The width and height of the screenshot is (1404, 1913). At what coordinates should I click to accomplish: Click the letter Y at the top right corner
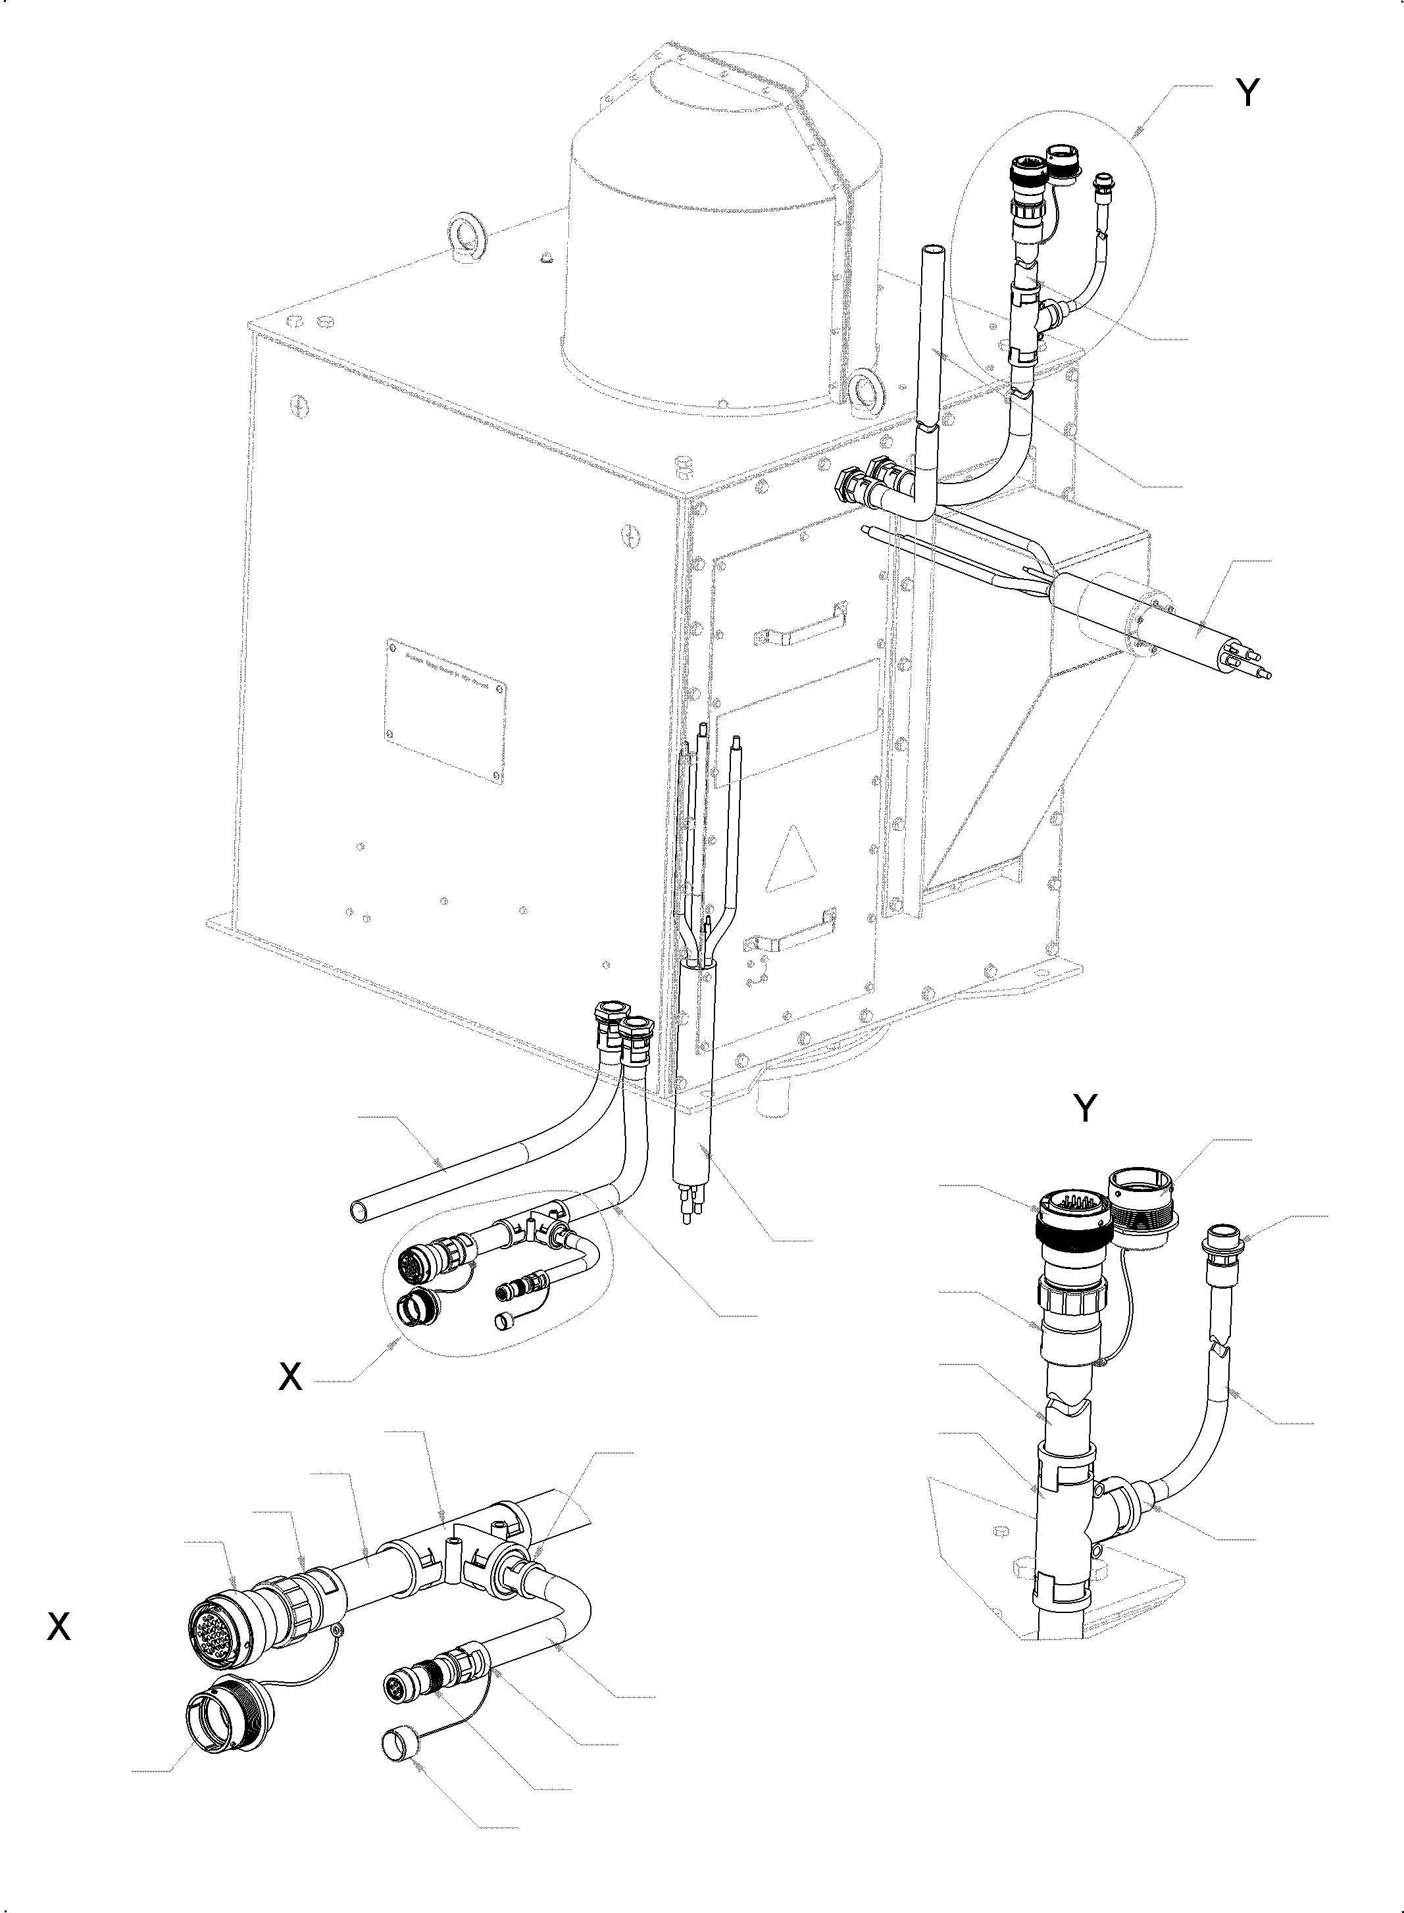tap(1246, 93)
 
